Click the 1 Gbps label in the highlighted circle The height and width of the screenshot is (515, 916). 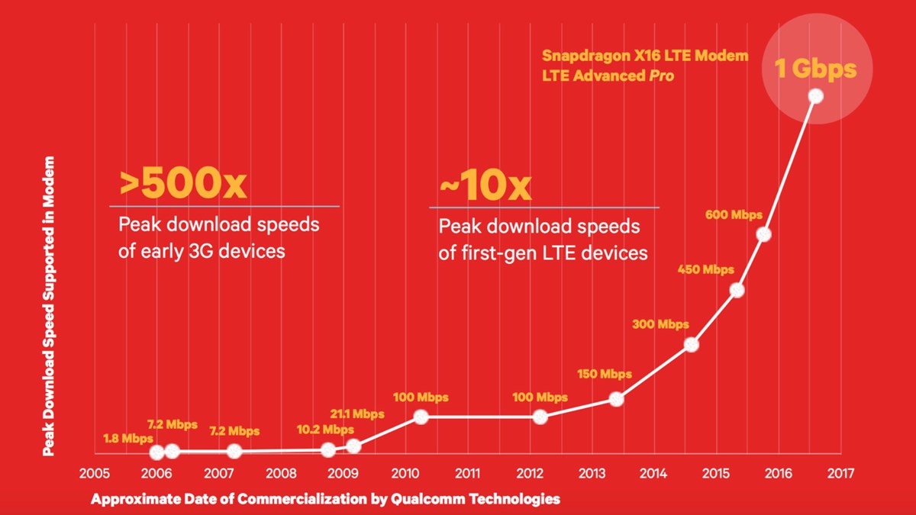(x=815, y=69)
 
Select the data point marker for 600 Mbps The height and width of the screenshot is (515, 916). (x=764, y=234)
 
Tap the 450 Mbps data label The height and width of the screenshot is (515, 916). (x=706, y=269)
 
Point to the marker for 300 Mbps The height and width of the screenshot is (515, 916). (x=691, y=344)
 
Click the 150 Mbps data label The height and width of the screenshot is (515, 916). (x=605, y=374)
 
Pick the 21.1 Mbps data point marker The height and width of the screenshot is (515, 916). (x=353, y=446)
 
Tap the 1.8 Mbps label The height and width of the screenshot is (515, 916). (x=128, y=439)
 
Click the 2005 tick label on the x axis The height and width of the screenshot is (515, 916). (x=95, y=473)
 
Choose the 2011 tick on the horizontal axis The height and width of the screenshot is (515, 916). (x=467, y=473)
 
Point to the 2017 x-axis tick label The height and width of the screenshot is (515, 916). (x=840, y=473)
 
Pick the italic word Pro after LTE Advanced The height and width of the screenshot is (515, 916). (x=660, y=77)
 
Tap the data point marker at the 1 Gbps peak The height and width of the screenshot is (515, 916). (x=815, y=95)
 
